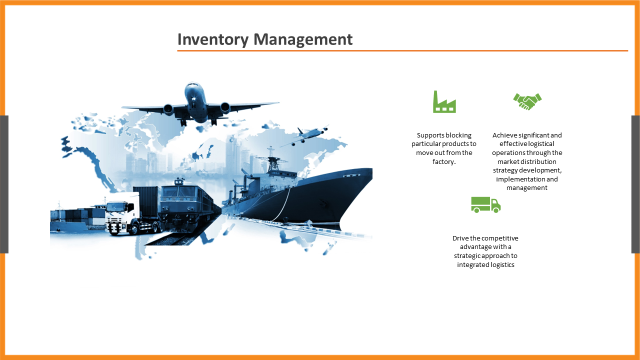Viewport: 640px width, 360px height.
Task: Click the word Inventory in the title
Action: [x=213, y=39]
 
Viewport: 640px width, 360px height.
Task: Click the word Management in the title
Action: [x=303, y=39]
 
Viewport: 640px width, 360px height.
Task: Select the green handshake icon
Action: [x=527, y=101]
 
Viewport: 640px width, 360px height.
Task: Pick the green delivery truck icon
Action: [x=485, y=204]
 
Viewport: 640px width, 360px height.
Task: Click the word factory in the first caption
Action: [x=443, y=161]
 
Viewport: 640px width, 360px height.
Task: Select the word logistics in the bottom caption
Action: [x=501, y=265]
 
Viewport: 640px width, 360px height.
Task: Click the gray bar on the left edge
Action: [x=4, y=184]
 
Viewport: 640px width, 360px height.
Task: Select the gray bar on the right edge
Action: [x=635, y=184]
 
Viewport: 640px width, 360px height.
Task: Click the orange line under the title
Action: [x=402, y=51]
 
